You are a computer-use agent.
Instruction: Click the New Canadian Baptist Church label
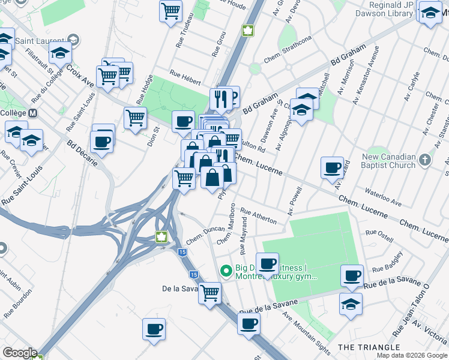388,161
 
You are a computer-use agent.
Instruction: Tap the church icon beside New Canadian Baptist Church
426,160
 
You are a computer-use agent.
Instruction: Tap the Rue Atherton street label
259,216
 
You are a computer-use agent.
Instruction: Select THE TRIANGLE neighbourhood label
369,347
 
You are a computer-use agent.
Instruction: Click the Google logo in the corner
19,353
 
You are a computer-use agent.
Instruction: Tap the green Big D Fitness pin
226,271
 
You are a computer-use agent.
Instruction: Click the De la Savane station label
180,289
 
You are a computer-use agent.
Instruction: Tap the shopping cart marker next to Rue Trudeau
171,10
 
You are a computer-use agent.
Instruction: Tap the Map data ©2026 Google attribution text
411,355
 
